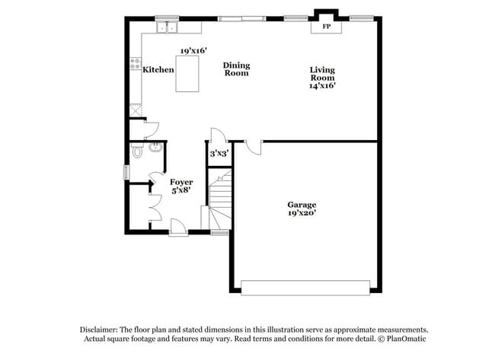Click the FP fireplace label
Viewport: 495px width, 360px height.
(327, 27)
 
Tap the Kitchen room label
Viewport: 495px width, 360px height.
(158, 70)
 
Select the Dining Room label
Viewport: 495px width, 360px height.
(236, 70)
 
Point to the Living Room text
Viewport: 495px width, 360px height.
(322, 74)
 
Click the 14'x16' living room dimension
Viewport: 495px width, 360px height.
(322, 86)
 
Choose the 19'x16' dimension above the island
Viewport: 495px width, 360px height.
(194, 51)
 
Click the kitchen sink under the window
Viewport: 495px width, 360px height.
(168, 28)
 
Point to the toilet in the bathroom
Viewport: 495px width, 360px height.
(138, 151)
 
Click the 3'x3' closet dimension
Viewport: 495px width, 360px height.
(219, 154)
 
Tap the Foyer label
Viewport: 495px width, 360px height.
(181, 183)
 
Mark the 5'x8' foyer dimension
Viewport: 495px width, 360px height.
(181, 192)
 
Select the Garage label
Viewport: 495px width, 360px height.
(302, 205)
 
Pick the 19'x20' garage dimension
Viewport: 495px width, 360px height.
(302, 214)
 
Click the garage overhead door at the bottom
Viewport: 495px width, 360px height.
(305, 287)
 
